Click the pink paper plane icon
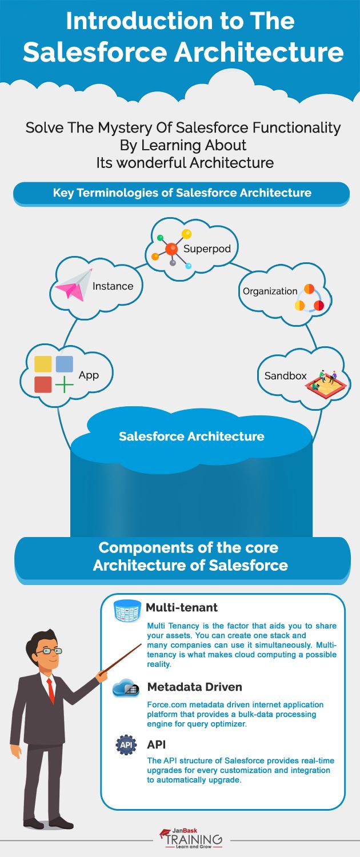tap(77, 285)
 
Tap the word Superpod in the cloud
tap(203, 249)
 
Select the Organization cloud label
tap(270, 291)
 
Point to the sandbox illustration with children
tap(323, 381)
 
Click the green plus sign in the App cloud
tap(65, 385)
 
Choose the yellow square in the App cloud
tap(43, 365)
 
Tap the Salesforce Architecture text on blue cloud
tap(191, 436)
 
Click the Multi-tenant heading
tap(181, 607)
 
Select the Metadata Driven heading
tap(194, 687)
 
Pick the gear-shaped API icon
tap(126, 746)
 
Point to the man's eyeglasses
tap(50, 650)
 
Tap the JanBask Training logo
tap(191, 838)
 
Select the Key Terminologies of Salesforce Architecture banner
tap(181, 193)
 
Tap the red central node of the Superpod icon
tap(171, 249)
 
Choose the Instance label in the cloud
tap(113, 286)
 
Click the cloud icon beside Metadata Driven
tap(126, 688)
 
